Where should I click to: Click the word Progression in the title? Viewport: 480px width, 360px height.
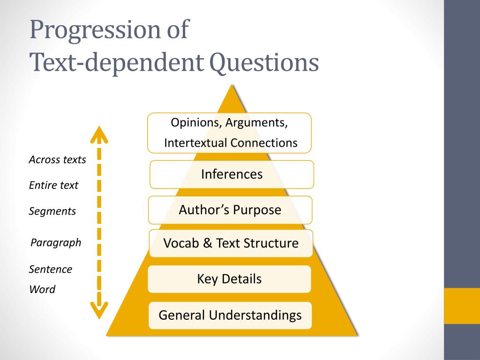pyautogui.click(x=95, y=30)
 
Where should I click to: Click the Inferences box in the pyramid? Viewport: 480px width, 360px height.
pyautogui.click(x=232, y=174)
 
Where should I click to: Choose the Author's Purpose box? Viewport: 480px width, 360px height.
pyautogui.click(x=230, y=210)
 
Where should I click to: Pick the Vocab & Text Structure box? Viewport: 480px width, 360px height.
pyautogui.click(x=231, y=243)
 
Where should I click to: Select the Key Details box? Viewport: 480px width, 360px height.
pyautogui.click(x=229, y=279)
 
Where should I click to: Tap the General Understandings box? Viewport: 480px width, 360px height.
pyautogui.click(x=230, y=315)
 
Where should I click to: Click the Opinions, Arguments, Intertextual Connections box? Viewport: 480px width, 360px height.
pyautogui.click(x=229, y=133)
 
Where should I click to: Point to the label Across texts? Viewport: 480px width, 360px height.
pyautogui.click(x=57, y=159)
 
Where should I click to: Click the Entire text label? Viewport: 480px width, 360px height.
pyautogui.click(x=53, y=185)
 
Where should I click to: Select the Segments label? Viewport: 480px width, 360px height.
pyautogui.click(x=52, y=211)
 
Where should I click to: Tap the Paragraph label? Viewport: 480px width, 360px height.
pyautogui.click(x=56, y=243)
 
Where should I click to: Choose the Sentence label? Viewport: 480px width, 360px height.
pyautogui.click(x=51, y=269)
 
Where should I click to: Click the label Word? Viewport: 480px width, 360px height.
pyautogui.click(x=42, y=289)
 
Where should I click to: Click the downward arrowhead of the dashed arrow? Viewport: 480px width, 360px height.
pyautogui.click(x=99, y=311)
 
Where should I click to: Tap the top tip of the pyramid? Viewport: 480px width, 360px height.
pyautogui.click(x=232, y=85)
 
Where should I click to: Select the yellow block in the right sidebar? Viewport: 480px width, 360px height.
pyautogui.click(x=462, y=306)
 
